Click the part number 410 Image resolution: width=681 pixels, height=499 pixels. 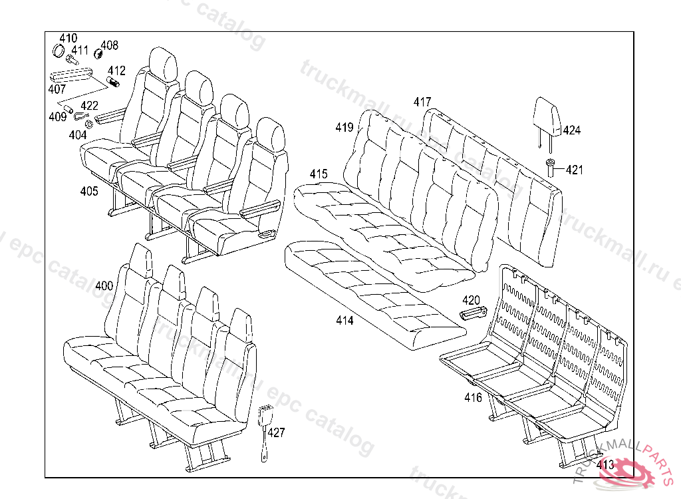(x=68, y=38)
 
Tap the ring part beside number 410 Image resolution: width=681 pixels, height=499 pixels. (x=59, y=51)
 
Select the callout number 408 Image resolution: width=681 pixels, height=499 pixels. (x=109, y=45)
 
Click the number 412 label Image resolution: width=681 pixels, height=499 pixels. (x=116, y=71)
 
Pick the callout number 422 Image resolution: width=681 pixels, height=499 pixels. (x=89, y=105)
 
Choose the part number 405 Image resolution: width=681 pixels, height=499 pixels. (x=89, y=192)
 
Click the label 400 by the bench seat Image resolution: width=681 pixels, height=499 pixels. (x=104, y=286)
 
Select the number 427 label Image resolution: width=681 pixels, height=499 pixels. (x=276, y=433)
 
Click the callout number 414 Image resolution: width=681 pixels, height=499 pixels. (x=344, y=321)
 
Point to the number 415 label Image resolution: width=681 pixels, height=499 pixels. (x=319, y=174)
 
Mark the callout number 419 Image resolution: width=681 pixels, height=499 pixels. (x=344, y=128)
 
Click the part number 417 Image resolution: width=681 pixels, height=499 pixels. (x=422, y=102)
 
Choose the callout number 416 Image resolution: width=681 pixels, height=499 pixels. (x=473, y=398)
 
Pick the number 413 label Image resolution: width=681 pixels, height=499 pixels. (x=605, y=465)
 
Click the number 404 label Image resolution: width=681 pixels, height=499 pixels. (x=78, y=135)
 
